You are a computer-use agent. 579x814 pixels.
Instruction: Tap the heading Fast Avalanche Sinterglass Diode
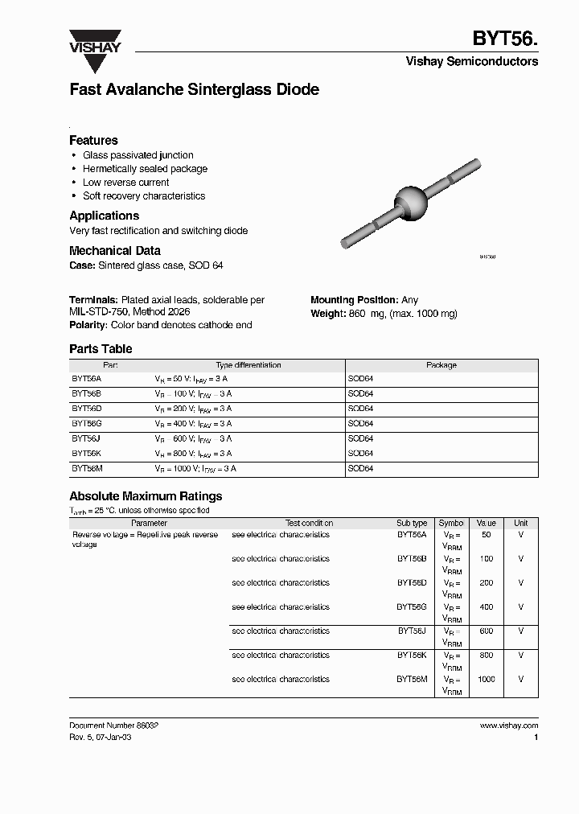point(194,90)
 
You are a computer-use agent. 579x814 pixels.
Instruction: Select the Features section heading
point(93,140)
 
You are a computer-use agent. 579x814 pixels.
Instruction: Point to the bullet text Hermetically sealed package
point(145,169)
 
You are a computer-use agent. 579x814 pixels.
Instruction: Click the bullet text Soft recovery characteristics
point(144,196)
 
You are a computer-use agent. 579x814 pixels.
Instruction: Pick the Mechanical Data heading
point(114,251)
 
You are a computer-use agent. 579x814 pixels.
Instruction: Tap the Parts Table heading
point(101,349)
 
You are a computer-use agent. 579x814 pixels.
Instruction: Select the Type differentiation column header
point(248,365)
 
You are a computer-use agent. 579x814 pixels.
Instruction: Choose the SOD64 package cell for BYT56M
point(360,467)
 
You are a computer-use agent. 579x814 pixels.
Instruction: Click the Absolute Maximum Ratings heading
point(146,496)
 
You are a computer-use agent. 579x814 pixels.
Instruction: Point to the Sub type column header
point(412,523)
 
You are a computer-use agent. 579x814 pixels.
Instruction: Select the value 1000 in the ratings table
point(486,680)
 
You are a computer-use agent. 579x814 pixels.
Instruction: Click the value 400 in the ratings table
point(486,607)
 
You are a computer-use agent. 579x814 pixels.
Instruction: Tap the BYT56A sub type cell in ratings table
point(412,535)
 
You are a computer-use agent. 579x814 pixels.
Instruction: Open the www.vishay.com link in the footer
point(508,726)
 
